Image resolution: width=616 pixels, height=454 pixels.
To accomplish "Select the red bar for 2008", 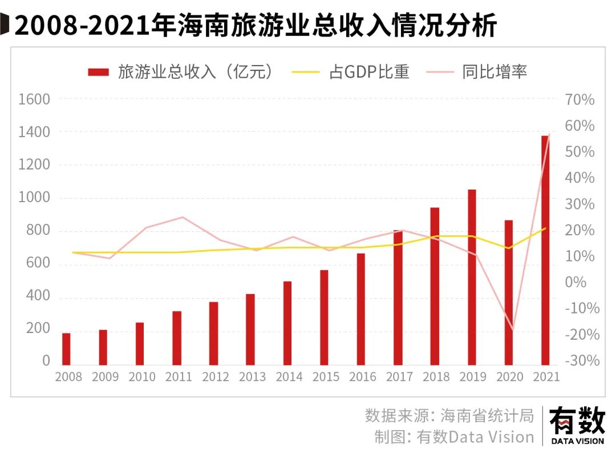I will (66, 348).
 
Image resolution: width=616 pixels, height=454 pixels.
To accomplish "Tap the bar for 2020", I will (509, 292).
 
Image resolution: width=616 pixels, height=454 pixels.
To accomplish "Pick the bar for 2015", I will (324, 317).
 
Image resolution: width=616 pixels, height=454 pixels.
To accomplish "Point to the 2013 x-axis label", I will (253, 377).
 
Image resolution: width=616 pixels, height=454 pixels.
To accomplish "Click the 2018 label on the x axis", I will (436, 377).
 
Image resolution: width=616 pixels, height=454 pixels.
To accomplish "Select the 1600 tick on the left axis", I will (34, 100).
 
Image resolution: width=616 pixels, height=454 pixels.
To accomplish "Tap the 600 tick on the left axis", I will (38, 264).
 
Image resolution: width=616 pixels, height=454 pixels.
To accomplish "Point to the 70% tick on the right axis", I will (579, 100).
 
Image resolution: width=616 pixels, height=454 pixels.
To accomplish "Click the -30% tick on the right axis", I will (581, 361).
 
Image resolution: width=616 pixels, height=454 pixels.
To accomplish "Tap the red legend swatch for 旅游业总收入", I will (98, 72).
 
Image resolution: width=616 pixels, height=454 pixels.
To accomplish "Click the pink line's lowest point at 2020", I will (512, 331).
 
